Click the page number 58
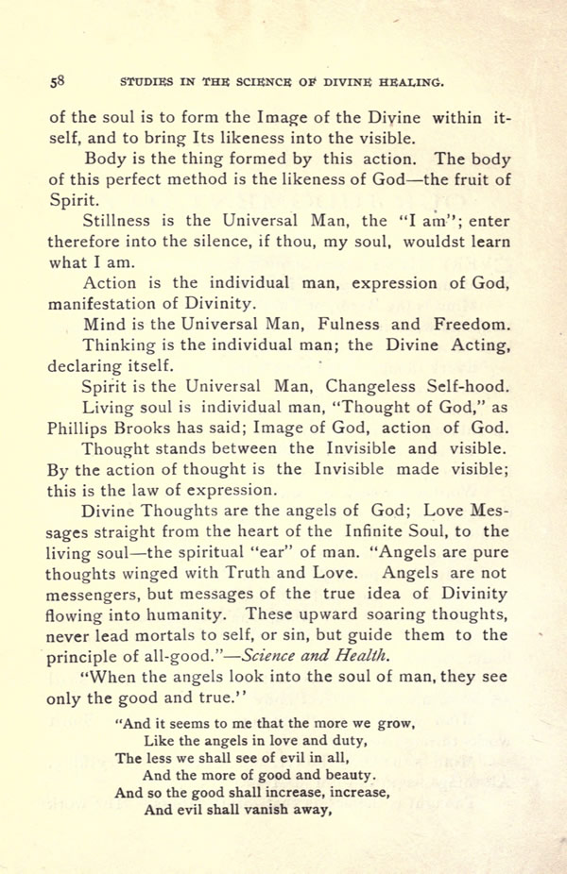(56, 82)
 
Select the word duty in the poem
(344, 741)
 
